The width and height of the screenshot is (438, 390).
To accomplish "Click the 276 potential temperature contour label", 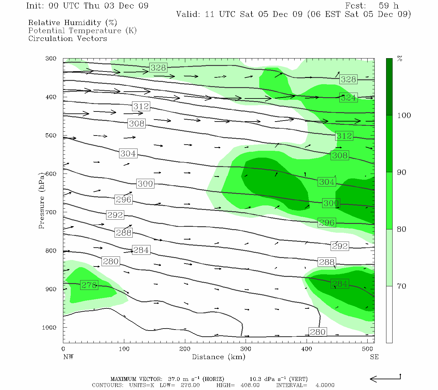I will tap(89, 285).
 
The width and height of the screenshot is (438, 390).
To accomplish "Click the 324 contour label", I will tap(348, 97).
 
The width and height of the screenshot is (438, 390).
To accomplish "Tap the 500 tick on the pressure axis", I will tap(51, 136).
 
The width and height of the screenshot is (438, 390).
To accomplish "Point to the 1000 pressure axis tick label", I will tap(49, 328).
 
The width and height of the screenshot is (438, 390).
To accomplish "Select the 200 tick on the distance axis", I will tap(185, 349).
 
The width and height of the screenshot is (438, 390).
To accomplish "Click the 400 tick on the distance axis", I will tap(307, 349).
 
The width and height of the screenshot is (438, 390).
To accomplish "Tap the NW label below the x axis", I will tap(68, 357).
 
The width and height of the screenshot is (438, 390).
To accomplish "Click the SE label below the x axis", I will tap(374, 357).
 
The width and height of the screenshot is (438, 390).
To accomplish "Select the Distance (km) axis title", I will tap(218, 357).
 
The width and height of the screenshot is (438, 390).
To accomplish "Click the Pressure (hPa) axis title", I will tap(42, 201).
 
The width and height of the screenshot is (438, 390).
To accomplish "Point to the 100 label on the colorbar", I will tap(404, 115).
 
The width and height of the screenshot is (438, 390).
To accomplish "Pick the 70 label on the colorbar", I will tap(402, 286).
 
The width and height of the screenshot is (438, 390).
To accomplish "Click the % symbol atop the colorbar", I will tap(400, 59).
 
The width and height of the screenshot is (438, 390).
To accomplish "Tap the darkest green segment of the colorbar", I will tap(389, 87).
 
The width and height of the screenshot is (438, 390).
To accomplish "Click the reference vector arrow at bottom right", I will tap(385, 379).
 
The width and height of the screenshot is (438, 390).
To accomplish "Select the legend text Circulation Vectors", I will tap(67, 38).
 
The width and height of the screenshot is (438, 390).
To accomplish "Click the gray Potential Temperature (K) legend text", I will tap(82, 31).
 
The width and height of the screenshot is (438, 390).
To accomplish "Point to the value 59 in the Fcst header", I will tap(384, 6).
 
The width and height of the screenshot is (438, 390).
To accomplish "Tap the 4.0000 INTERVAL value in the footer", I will tap(325, 385).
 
